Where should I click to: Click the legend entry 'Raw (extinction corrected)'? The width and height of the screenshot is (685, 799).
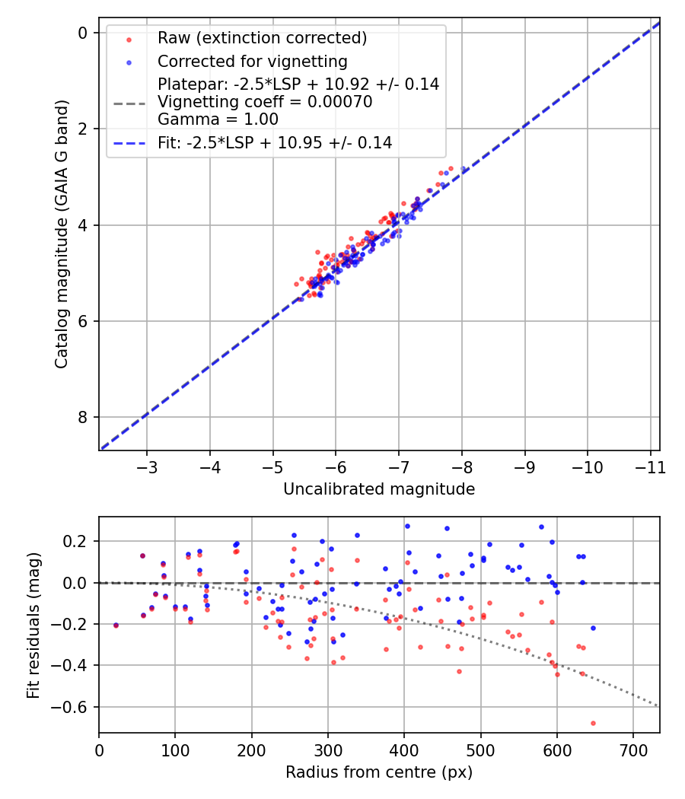262,38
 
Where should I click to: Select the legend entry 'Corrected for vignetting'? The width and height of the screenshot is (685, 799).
252,62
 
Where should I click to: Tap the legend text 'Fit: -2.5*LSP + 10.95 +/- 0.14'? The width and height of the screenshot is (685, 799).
275,142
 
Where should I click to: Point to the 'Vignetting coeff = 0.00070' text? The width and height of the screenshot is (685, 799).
265,102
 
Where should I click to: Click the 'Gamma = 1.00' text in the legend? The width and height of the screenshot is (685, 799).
218,119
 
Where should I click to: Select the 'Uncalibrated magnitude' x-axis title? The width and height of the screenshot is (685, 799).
379,489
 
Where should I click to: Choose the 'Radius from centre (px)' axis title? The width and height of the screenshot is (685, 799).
379,772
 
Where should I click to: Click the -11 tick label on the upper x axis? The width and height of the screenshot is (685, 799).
649,466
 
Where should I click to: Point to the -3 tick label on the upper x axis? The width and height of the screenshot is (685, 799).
147,466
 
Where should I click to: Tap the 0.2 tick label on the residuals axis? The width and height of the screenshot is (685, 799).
78,542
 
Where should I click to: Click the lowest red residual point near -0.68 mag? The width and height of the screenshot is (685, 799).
593,723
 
